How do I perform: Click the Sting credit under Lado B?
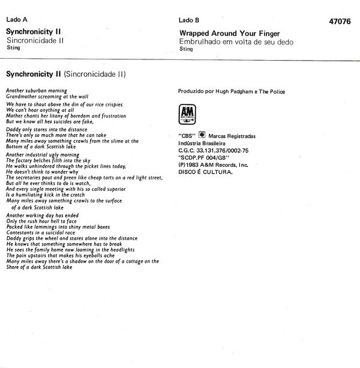(186, 49)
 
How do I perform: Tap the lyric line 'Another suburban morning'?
(36, 90)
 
